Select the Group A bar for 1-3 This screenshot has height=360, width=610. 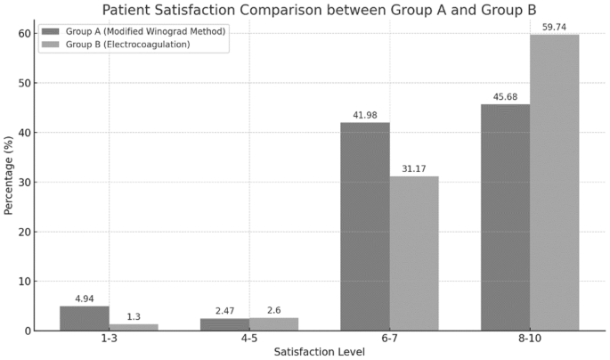(x=84, y=318)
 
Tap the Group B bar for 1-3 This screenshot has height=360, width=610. (x=134, y=327)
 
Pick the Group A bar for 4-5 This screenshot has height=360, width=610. (x=224, y=324)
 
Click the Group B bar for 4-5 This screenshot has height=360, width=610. (x=274, y=323)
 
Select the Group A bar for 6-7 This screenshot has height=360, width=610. (x=364, y=226)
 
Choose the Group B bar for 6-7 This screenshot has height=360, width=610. (x=414, y=253)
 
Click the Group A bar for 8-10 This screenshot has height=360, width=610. (x=505, y=217)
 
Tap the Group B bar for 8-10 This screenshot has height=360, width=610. (x=555, y=183)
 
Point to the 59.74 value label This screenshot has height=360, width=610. (x=555, y=28)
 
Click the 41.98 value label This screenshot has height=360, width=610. (x=364, y=115)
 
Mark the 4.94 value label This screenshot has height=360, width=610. (x=84, y=299)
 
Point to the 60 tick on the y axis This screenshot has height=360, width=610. (x=25, y=34)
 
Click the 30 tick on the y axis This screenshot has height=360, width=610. (x=25, y=182)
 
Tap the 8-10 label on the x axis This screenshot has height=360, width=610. (x=530, y=340)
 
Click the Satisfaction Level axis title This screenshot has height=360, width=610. (x=319, y=352)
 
